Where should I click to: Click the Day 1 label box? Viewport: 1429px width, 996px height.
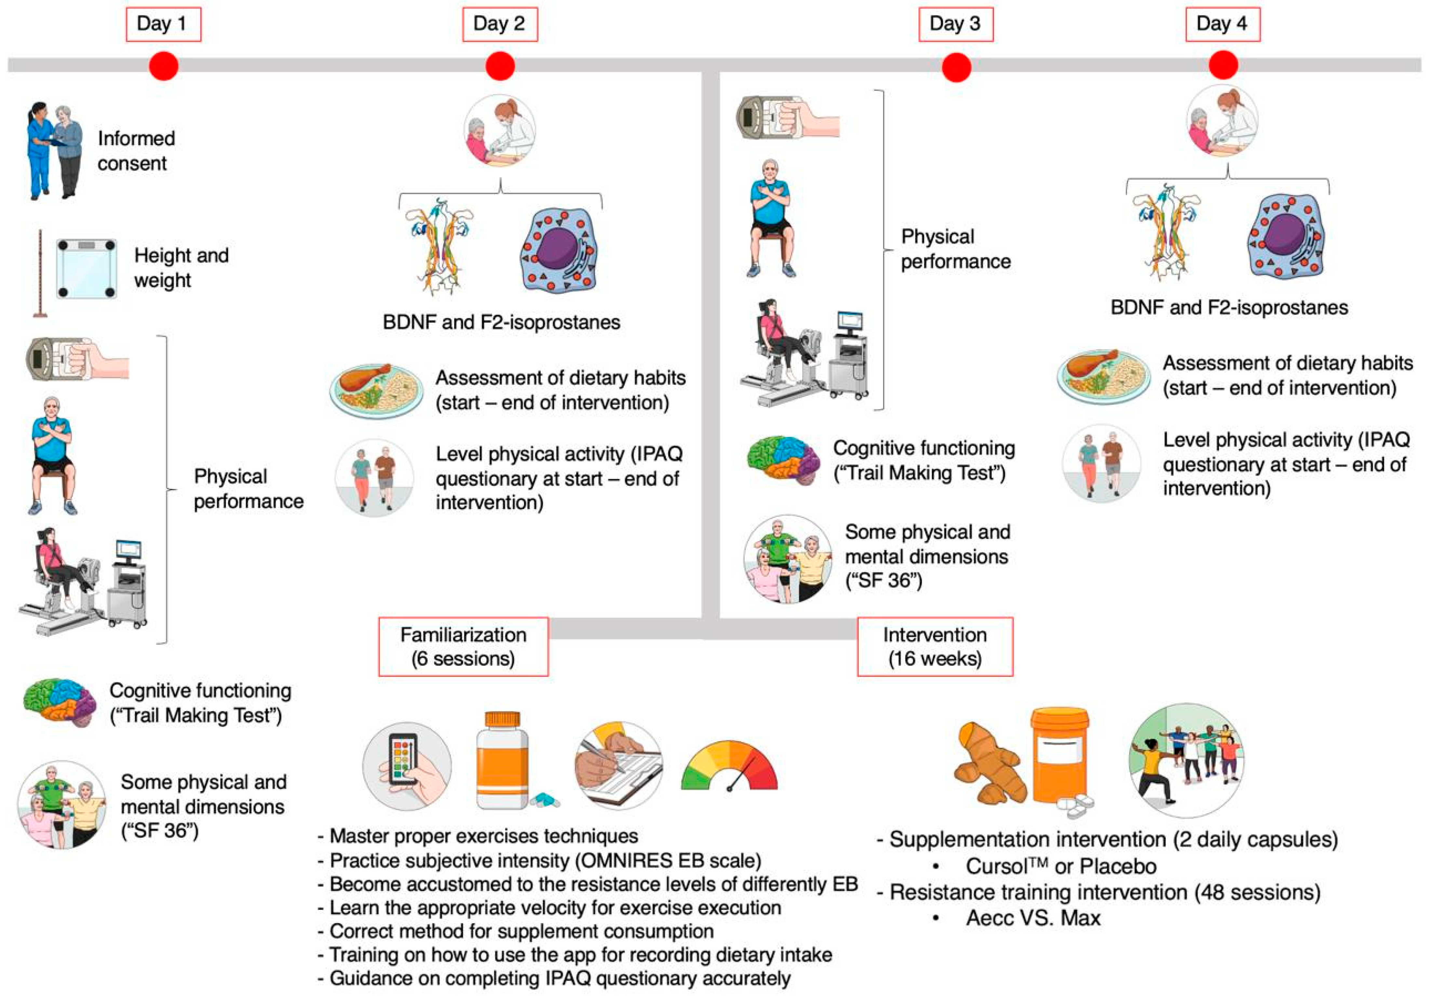point(163,24)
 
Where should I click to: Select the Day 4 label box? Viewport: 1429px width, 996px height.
point(1222,24)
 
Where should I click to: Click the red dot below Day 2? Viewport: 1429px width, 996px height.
point(500,66)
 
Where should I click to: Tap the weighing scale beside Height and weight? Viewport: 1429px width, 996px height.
point(87,269)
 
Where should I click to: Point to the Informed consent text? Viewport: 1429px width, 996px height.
point(136,151)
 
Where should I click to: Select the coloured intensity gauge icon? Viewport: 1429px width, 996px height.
point(729,767)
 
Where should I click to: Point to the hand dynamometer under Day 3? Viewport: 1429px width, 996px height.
point(787,116)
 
